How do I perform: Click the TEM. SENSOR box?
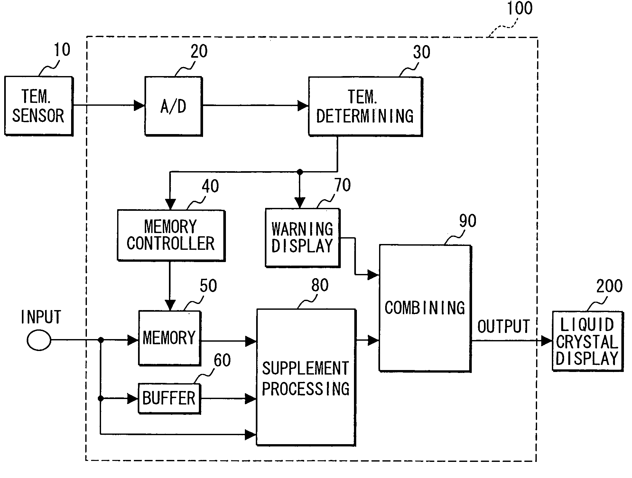pos(39,106)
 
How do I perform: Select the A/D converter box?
pos(173,106)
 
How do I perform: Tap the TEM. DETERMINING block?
pos(365,107)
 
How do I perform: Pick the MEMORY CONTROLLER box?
pos(171,235)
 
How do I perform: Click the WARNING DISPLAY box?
pos(302,238)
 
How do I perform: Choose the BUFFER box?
pos(169,398)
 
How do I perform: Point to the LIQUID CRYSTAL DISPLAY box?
pos(588,341)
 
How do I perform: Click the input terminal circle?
pos(39,340)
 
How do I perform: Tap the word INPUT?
pos(41,317)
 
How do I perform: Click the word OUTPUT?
pos(504,326)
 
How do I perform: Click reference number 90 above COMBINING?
pos(468,221)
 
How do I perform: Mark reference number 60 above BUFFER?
pos(222,360)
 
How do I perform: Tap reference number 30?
pos(421,52)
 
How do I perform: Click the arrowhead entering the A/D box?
pos(139,105)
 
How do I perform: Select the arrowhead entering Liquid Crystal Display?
pos(547,340)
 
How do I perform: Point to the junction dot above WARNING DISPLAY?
pos(300,171)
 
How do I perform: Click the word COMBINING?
pos(425,307)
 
